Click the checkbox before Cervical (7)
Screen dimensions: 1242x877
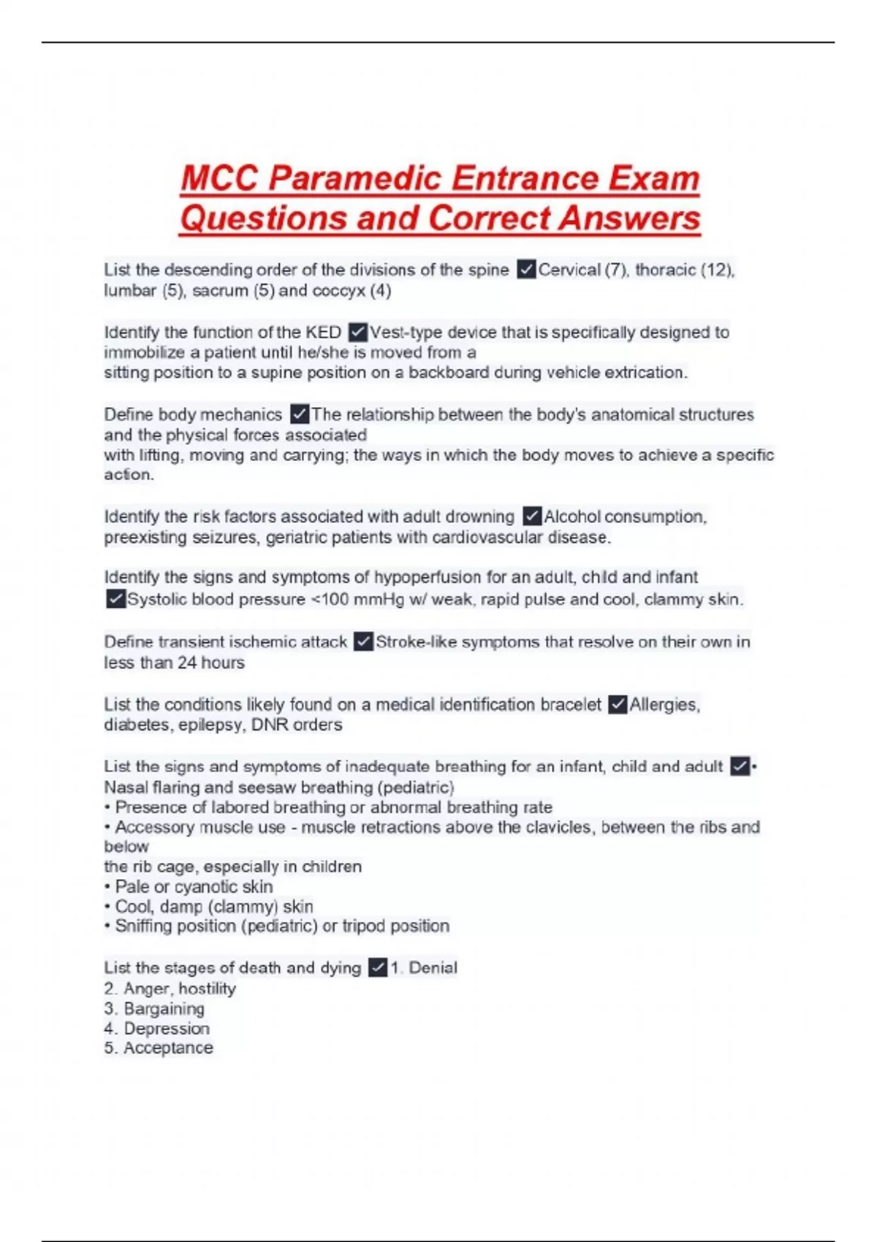pos(525,270)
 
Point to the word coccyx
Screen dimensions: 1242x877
pos(339,291)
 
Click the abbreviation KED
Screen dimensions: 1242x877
pos(323,332)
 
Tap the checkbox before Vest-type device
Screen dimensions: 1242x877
pos(357,332)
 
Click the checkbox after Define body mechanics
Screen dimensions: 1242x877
pos(299,414)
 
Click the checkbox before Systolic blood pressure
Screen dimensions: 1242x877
pos(115,599)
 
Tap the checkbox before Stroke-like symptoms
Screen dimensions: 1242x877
pos(362,641)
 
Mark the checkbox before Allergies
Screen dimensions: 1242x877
pos(617,704)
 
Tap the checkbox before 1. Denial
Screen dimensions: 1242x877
pos(377,968)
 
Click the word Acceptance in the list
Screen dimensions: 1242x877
pos(168,1048)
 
